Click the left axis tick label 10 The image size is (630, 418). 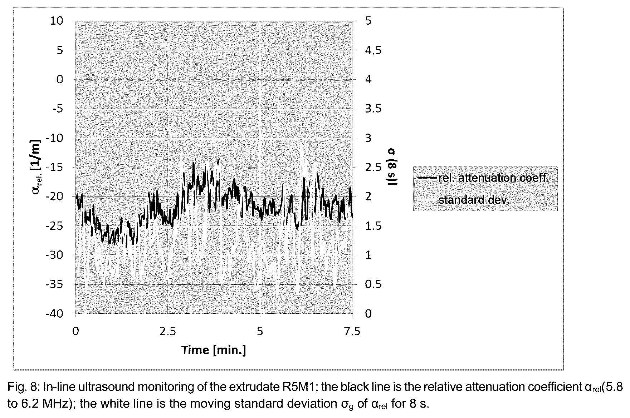point(57,21)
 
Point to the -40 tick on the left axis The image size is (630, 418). point(54,314)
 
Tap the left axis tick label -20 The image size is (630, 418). point(54,196)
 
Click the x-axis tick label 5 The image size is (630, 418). point(260,332)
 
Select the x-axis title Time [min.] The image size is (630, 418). point(214,350)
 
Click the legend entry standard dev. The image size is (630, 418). point(474,200)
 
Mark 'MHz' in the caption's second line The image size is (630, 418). point(56,404)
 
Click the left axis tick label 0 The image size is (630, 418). point(60,79)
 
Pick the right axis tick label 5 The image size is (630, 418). point(368,21)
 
